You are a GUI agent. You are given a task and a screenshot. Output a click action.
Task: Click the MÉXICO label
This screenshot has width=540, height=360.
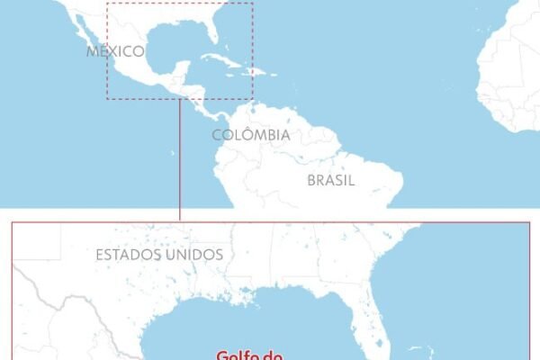coord(116,51)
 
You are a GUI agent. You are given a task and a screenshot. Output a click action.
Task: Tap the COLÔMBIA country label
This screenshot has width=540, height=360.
coord(251,135)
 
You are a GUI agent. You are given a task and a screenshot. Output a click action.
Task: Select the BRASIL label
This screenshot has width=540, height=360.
coord(331,180)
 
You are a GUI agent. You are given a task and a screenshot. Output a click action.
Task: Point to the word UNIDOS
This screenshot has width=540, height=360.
coord(193,255)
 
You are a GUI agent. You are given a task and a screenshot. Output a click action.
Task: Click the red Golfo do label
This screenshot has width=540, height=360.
coord(249,355)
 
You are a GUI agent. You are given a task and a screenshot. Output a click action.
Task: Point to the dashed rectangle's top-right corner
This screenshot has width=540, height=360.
coord(253,3)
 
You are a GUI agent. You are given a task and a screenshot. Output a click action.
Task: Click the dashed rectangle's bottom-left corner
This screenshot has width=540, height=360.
coord(107,98)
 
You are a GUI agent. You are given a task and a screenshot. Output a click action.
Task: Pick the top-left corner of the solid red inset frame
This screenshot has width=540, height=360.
coord(12,221)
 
